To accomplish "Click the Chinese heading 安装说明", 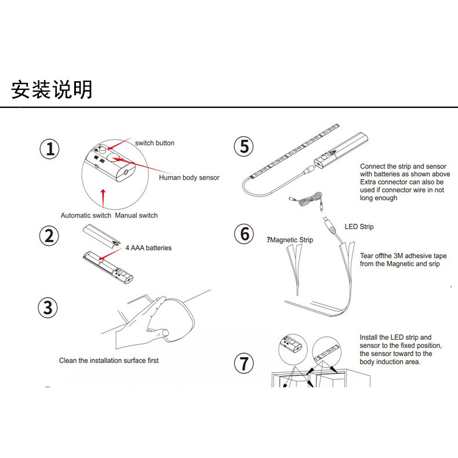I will click(52, 90).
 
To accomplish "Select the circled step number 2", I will click(50, 236).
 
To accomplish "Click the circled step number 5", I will click(244, 147).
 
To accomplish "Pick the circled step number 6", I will click(244, 234).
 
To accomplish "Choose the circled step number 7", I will click(244, 364).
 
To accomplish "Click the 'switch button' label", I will click(154, 143).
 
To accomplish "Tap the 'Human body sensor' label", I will click(189, 177).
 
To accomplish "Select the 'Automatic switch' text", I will click(86, 216).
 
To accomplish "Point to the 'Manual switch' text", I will click(136, 216).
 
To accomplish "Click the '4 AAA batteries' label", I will click(148, 248).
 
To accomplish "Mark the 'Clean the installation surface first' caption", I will click(108, 361).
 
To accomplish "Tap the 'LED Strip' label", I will click(359, 227).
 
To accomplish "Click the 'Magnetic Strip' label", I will click(291, 240).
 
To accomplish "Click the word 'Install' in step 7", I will click(370, 337).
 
